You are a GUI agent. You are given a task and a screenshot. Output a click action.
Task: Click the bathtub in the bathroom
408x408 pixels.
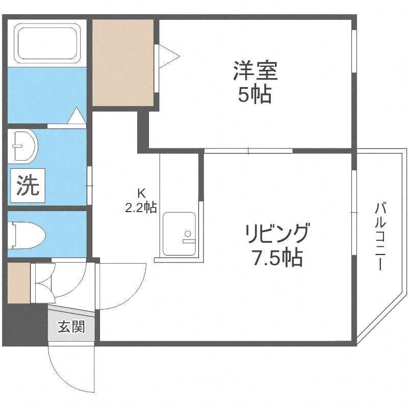[x=47, y=43]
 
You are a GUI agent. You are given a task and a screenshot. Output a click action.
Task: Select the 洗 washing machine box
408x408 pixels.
[x=28, y=186]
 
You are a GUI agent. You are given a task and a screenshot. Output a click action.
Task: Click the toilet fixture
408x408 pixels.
[x=27, y=235]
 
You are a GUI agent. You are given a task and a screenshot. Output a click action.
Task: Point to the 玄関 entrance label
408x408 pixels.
[x=71, y=326]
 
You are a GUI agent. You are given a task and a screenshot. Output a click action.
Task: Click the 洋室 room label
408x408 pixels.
[x=256, y=70]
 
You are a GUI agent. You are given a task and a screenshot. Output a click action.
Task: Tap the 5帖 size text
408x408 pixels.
[x=254, y=94]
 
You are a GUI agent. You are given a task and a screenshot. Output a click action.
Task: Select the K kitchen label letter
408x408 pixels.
[x=141, y=193]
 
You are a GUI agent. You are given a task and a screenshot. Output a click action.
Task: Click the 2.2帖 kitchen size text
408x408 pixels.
[x=141, y=208]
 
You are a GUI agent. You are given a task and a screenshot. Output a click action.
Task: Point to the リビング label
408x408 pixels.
[x=277, y=234]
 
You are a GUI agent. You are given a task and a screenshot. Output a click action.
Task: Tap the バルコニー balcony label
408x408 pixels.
[x=379, y=237]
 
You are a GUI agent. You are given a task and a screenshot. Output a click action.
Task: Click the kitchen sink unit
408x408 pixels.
[x=180, y=234]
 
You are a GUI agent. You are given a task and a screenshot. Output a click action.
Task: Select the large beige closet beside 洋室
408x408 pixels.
[x=123, y=63]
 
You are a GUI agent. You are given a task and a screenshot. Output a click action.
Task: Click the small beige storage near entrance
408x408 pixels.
[x=19, y=283]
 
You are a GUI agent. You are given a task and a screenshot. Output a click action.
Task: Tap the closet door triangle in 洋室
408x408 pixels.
[x=169, y=56]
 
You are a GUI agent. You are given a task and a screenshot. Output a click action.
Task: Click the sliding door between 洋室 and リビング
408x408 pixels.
[x=248, y=150]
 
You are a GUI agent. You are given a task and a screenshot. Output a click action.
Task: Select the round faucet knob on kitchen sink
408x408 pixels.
[x=188, y=234]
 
